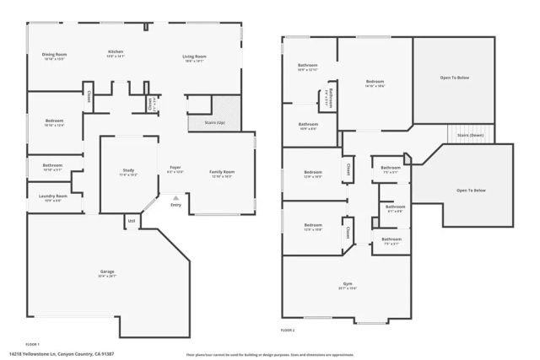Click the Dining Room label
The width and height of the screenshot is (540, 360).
click(x=55, y=55)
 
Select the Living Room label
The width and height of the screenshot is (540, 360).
click(x=194, y=56)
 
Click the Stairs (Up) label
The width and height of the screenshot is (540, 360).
click(x=216, y=123)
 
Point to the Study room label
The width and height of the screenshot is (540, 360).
click(x=128, y=171)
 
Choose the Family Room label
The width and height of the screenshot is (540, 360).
click(x=222, y=171)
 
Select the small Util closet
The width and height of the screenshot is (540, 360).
click(x=132, y=221)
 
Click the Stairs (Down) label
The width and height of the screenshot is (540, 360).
click(x=469, y=135)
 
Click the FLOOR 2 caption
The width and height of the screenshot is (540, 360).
click(x=289, y=330)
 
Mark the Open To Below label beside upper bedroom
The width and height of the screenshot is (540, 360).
click(x=456, y=78)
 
